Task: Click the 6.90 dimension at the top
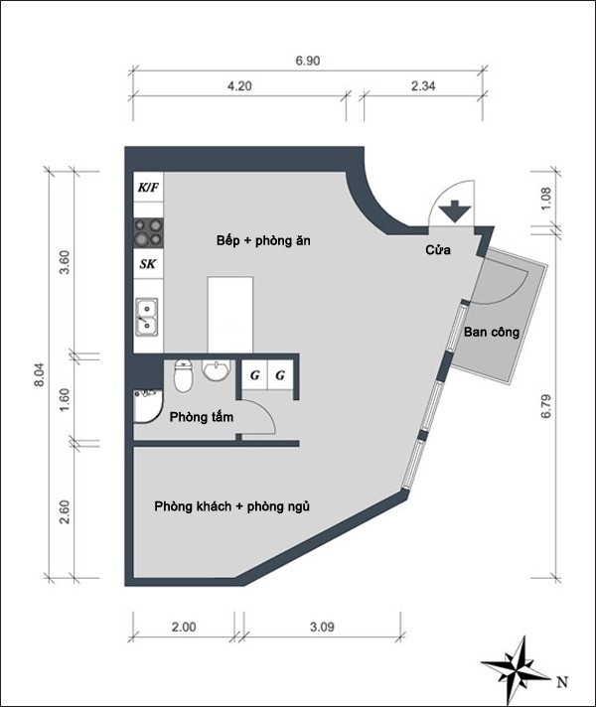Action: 308,61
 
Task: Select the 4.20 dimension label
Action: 239,86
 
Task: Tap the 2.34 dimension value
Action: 423,86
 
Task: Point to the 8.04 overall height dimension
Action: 40,374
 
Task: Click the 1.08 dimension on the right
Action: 546,199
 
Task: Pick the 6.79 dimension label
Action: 546,407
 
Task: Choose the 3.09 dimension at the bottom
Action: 322,628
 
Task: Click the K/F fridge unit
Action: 148,187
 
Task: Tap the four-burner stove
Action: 148,232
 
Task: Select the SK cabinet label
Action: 148,264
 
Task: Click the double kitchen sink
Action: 147,317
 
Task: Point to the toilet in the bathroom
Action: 184,375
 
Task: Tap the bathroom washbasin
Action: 217,370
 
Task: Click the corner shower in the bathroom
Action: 148,406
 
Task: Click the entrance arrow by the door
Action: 455,212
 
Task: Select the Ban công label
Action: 492,333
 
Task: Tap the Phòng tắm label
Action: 202,417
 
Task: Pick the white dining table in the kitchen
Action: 230,315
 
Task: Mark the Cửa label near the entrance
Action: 438,250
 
